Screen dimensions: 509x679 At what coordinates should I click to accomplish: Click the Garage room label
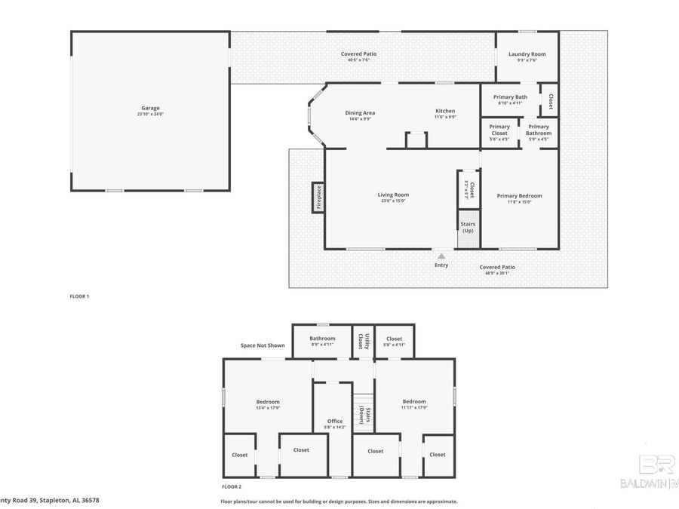pyautogui.click(x=149, y=108)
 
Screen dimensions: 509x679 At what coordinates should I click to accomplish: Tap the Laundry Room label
pyautogui.click(x=527, y=54)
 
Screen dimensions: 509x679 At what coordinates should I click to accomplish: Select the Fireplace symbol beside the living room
pyautogui.click(x=318, y=198)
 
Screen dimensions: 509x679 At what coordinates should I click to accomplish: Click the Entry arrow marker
pyautogui.click(x=441, y=256)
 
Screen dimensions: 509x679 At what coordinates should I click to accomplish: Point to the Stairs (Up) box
pyautogui.click(x=467, y=227)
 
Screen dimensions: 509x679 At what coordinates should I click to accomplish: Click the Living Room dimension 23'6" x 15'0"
pyautogui.click(x=393, y=201)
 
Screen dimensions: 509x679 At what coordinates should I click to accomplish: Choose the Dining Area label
pyautogui.click(x=360, y=112)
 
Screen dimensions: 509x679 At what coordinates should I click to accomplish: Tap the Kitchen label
pyautogui.click(x=444, y=111)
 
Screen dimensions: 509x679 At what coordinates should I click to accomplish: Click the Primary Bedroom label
pyautogui.click(x=519, y=196)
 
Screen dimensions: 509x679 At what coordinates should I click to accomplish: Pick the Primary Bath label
pyautogui.click(x=510, y=97)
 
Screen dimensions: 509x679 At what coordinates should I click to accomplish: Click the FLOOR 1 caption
pyautogui.click(x=79, y=296)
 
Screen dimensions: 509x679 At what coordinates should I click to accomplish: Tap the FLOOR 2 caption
pyautogui.click(x=232, y=487)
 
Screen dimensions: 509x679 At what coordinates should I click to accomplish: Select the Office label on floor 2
pyautogui.click(x=334, y=422)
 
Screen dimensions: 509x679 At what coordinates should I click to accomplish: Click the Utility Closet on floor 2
pyautogui.click(x=362, y=342)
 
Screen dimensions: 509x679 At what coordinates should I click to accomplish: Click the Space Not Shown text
pyautogui.click(x=263, y=345)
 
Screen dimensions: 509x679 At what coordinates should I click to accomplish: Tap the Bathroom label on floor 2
pyautogui.click(x=322, y=339)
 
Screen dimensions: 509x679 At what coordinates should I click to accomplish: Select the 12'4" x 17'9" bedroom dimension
pyautogui.click(x=268, y=408)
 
